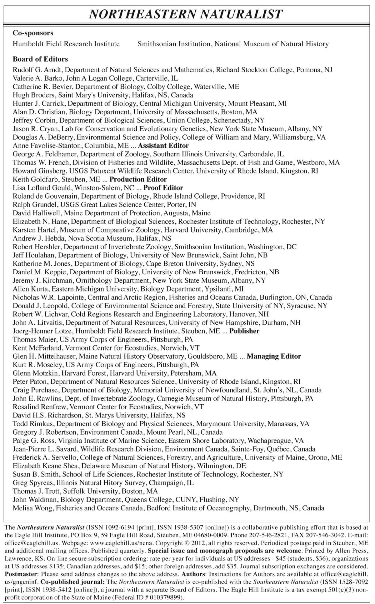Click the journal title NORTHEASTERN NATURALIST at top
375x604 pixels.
(x=186, y=14)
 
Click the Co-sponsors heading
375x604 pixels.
(x=33, y=33)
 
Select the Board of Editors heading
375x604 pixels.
(x=40, y=59)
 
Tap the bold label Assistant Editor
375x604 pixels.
(x=163, y=146)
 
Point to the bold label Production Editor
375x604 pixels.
(x=138, y=179)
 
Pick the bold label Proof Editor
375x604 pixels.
(x=163, y=188)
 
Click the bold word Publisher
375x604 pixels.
(x=244, y=331)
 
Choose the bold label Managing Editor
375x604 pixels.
(x=274, y=356)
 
